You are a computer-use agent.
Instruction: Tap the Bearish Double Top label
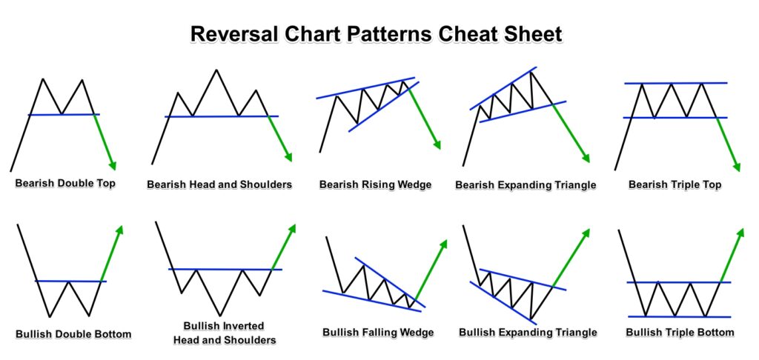click(65, 184)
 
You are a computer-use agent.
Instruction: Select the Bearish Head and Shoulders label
click(219, 185)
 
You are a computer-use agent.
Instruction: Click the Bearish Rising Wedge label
click(375, 185)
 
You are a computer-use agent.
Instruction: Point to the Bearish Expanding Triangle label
click(526, 185)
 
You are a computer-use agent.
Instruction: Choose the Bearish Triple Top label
click(675, 184)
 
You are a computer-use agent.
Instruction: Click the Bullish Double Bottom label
click(73, 334)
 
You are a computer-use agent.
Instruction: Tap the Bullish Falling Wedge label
click(378, 333)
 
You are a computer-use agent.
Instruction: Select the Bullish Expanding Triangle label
click(528, 333)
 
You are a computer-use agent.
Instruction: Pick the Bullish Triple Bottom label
click(680, 333)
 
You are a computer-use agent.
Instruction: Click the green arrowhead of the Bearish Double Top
click(113, 166)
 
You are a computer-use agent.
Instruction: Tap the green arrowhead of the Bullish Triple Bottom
click(740, 233)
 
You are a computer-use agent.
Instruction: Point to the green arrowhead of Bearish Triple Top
click(736, 167)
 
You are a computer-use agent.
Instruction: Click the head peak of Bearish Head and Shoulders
click(216, 70)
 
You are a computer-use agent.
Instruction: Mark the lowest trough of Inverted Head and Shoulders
click(220, 316)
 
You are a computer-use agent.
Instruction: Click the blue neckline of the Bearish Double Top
click(64, 115)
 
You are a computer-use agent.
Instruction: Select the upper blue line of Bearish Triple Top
click(676, 83)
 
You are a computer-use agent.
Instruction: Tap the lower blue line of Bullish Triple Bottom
click(679, 316)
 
